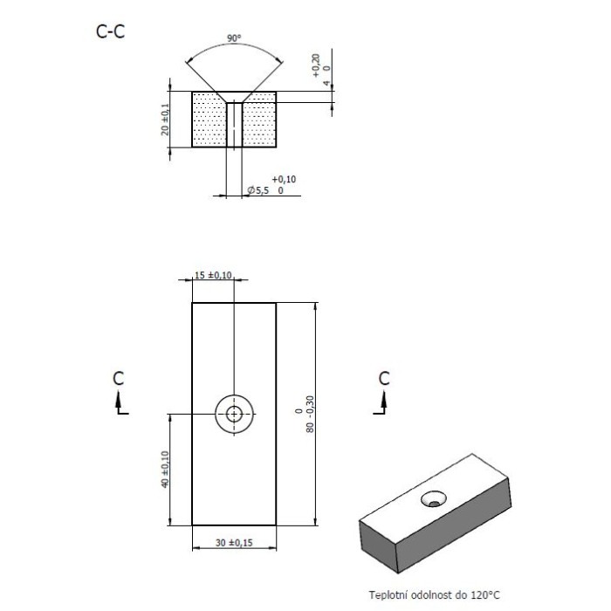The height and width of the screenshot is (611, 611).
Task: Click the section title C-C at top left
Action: [110, 32]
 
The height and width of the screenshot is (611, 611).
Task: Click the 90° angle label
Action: [233, 38]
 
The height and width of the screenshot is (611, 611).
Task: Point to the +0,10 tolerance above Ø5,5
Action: [284, 178]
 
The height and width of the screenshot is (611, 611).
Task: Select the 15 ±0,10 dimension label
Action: [213, 276]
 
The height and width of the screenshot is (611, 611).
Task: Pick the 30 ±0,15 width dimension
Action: [233, 543]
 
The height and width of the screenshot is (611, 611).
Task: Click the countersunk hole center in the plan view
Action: [234, 414]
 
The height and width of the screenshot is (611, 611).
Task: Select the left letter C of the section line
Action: [119, 378]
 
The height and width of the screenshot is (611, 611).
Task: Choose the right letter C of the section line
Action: [383, 378]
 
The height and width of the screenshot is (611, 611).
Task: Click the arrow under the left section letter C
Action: [120, 402]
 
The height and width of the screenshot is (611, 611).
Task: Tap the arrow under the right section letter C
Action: [383, 402]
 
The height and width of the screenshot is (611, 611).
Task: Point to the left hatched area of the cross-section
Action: [208, 122]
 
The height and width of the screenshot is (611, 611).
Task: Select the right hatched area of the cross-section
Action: [260, 122]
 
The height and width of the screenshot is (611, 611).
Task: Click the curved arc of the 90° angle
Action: [233, 47]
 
